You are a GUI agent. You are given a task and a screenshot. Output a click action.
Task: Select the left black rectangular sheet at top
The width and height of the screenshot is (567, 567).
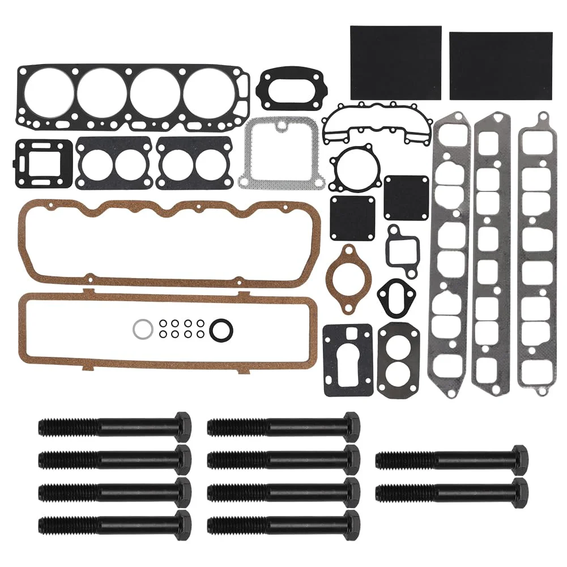click(x=395, y=62)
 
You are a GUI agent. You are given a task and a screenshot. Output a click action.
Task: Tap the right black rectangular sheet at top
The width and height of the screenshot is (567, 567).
click(x=501, y=65)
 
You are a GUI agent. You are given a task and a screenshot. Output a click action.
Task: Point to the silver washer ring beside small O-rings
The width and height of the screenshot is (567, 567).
click(x=142, y=329)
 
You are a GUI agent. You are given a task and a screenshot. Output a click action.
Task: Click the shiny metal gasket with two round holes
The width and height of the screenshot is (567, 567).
click(x=399, y=361)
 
